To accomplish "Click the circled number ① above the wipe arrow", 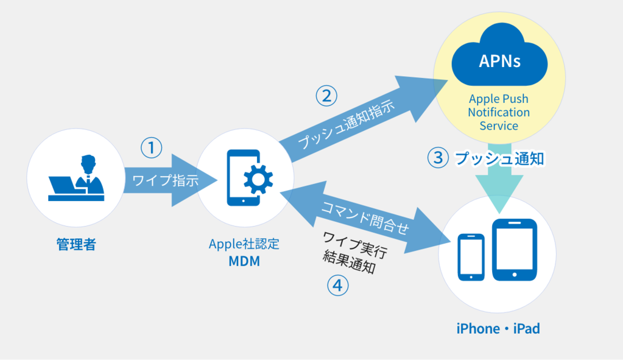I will [x=152, y=147].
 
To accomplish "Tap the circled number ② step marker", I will [x=326, y=96].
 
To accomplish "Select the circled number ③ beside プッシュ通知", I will [x=437, y=158].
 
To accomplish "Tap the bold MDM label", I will [x=244, y=263].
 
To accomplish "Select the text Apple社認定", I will [x=244, y=245].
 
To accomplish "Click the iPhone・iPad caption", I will [x=498, y=329].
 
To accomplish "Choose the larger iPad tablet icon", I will [x=515, y=250].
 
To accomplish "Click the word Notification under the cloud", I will [x=499, y=113].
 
